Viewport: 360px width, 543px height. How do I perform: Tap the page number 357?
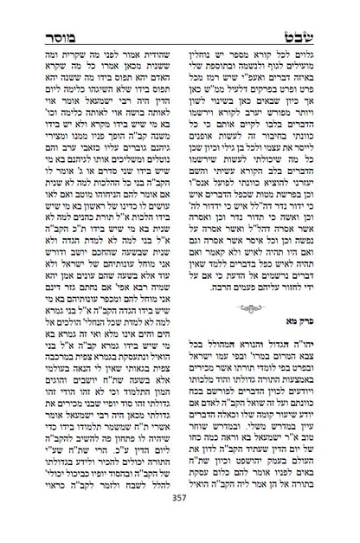pos(179,522)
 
